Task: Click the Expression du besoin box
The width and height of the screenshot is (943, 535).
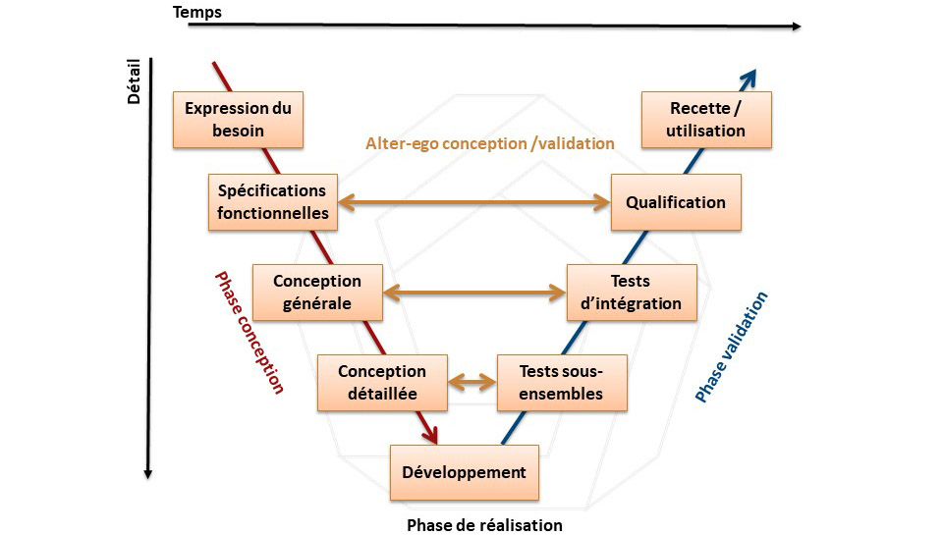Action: [x=238, y=120]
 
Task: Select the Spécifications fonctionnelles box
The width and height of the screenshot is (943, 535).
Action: [x=272, y=202]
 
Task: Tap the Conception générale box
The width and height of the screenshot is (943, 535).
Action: [x=316, y=292]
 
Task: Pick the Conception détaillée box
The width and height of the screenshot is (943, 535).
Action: [x=382, y=383]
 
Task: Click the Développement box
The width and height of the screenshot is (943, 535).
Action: [x=464, y=472]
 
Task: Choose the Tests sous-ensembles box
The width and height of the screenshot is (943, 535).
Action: [x=561, y=383]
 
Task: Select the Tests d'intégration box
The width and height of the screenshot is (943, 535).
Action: [x=632, y=292]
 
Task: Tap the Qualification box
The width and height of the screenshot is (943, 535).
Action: [x=675, y=202]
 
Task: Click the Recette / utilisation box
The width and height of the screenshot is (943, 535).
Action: [x=706, y=120]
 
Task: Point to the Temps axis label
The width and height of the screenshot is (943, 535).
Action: [x=196, y=12]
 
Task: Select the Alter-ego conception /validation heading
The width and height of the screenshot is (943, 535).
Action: [x=490, y=143]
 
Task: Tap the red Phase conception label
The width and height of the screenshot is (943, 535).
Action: [x=249, y=333]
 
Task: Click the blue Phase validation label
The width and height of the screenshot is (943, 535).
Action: [x=732, y=348]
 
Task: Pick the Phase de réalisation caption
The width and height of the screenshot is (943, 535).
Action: [x=484, y=524]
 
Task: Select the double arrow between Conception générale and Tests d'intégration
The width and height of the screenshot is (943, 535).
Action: [x=473, y=292]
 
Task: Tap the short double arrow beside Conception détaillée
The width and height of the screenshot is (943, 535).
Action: [x=472, y=382]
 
